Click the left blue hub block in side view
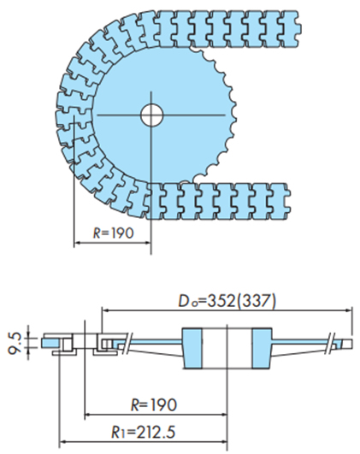[x=195, y=349]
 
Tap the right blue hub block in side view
[x=261, y=349]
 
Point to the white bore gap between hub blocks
[x=227, y=349]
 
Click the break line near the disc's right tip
[x=333, y=340]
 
